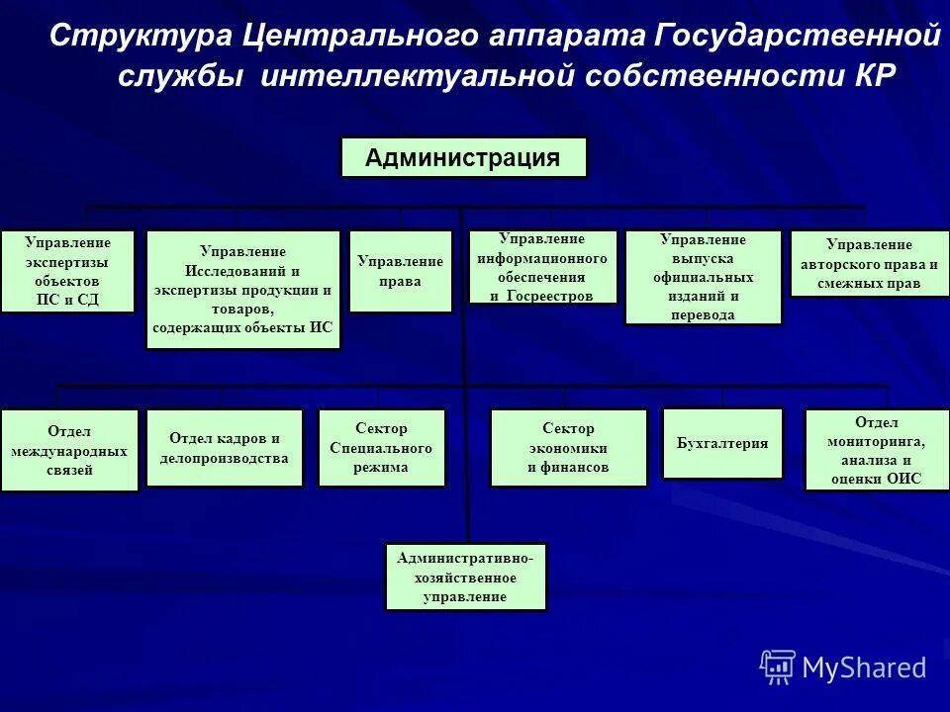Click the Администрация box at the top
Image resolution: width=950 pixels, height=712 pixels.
[463, 157]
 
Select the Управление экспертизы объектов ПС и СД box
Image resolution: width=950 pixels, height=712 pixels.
[67, 271]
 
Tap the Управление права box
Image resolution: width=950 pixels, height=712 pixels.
[401, 271]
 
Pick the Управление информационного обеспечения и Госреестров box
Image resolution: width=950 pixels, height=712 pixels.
[542, 267]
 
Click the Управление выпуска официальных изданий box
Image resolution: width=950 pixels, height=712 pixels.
[703, 277]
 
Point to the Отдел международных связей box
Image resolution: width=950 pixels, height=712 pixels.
[69, 450]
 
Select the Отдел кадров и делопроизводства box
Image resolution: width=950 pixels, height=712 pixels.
[225, 448]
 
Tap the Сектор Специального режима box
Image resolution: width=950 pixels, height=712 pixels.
[381, 448]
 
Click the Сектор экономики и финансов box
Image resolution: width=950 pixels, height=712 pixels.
[568, 448]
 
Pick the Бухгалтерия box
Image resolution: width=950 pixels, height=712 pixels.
[722, 443]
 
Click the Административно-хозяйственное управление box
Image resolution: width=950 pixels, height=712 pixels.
[465, 577]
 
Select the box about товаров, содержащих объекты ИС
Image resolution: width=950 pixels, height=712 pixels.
[243, 290]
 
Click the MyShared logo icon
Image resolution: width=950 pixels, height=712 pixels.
[778, 667]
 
